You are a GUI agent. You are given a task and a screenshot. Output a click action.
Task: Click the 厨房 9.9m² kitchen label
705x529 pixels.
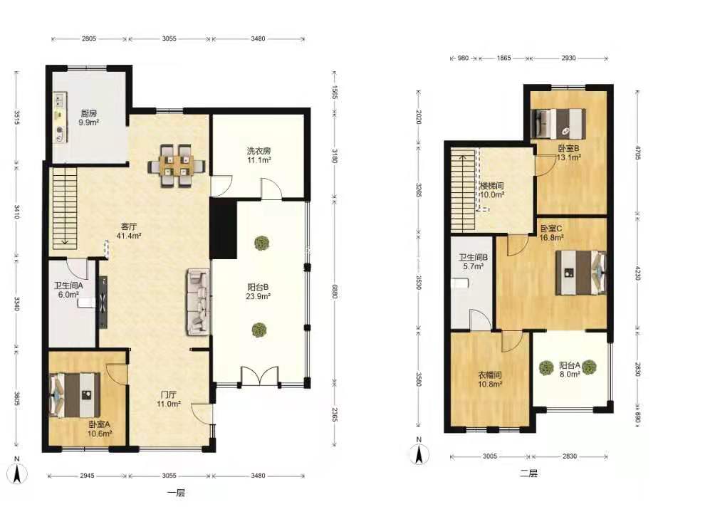(x=88, y=117)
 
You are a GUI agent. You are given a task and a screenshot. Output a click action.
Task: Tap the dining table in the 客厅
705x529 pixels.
(x=177, y=165)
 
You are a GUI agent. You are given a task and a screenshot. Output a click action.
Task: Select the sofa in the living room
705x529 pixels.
(x=198, y=302)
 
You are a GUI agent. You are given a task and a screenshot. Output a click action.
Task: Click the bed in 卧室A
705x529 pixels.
(x=75, y=394)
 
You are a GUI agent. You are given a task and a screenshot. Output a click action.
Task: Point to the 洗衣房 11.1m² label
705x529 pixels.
(x=258, y=155)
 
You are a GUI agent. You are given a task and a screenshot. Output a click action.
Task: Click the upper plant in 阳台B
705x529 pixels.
(x=261, y=243)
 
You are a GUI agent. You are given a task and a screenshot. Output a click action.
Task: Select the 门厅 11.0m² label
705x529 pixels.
(x=169, y=399)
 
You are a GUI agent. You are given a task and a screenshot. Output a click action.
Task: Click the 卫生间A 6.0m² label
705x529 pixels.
(x=68, y=290)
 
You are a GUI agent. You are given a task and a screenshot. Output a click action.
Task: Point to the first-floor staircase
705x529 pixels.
(x=64, y=206)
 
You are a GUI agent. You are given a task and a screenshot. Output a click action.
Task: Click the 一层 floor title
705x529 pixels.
(x=176, y=493)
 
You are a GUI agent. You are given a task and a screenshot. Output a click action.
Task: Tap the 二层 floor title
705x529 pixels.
(x=528, y=473)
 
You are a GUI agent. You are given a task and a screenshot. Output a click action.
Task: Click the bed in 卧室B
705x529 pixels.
(x=558, y=124)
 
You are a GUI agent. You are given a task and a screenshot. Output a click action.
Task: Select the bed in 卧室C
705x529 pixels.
(x=580, y=273)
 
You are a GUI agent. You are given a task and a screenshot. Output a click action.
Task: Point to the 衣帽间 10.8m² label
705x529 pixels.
(x=490, y=379)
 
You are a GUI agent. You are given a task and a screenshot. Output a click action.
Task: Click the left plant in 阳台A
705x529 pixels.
(x=546, y=368)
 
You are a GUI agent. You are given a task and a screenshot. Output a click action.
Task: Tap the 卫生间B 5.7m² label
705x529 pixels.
(x=473, y=262)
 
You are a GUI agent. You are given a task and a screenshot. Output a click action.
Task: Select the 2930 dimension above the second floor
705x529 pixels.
(x=568, y=58)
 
